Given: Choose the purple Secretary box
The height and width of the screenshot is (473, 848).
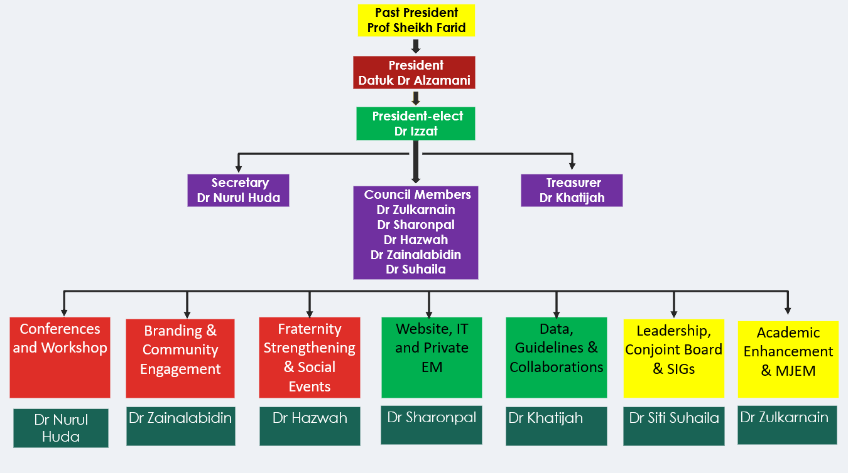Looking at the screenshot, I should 238,190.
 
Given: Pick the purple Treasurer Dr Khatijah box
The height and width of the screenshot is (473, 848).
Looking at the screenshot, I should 572,190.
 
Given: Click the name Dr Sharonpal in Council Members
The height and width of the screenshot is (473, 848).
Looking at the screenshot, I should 416,225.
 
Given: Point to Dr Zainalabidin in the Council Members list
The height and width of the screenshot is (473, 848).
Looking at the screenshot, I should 416,255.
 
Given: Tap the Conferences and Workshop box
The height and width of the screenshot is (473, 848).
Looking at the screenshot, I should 60,358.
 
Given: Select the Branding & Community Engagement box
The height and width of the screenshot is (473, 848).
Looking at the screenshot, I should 180,358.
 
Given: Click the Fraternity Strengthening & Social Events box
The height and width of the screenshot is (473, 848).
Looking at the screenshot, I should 309,357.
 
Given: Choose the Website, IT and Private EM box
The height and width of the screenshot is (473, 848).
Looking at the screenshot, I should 432,358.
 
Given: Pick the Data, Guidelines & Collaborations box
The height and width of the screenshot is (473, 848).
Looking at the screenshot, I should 556,358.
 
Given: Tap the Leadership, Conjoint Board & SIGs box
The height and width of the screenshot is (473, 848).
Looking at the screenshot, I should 673,358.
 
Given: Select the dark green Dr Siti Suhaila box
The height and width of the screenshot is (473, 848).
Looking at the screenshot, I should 673,426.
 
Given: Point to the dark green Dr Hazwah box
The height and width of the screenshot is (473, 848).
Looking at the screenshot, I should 310,426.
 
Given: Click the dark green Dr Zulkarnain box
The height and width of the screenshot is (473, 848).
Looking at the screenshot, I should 787,425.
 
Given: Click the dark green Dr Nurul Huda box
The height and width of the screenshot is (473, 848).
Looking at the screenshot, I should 61,428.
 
